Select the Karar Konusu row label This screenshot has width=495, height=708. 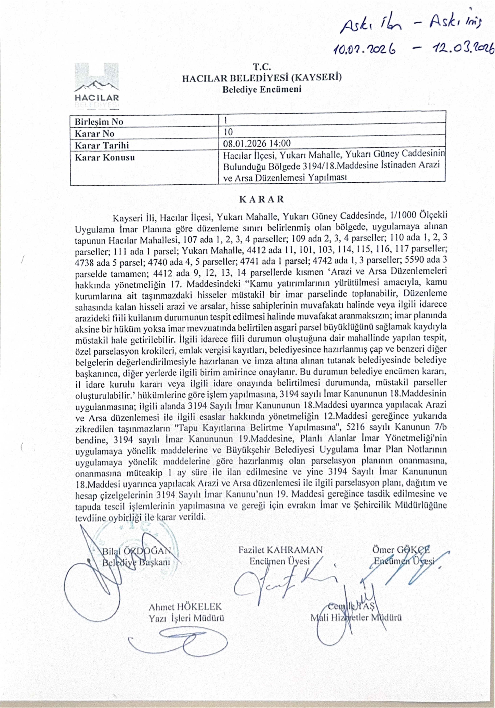105,158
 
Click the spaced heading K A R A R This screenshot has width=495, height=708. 262,199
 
